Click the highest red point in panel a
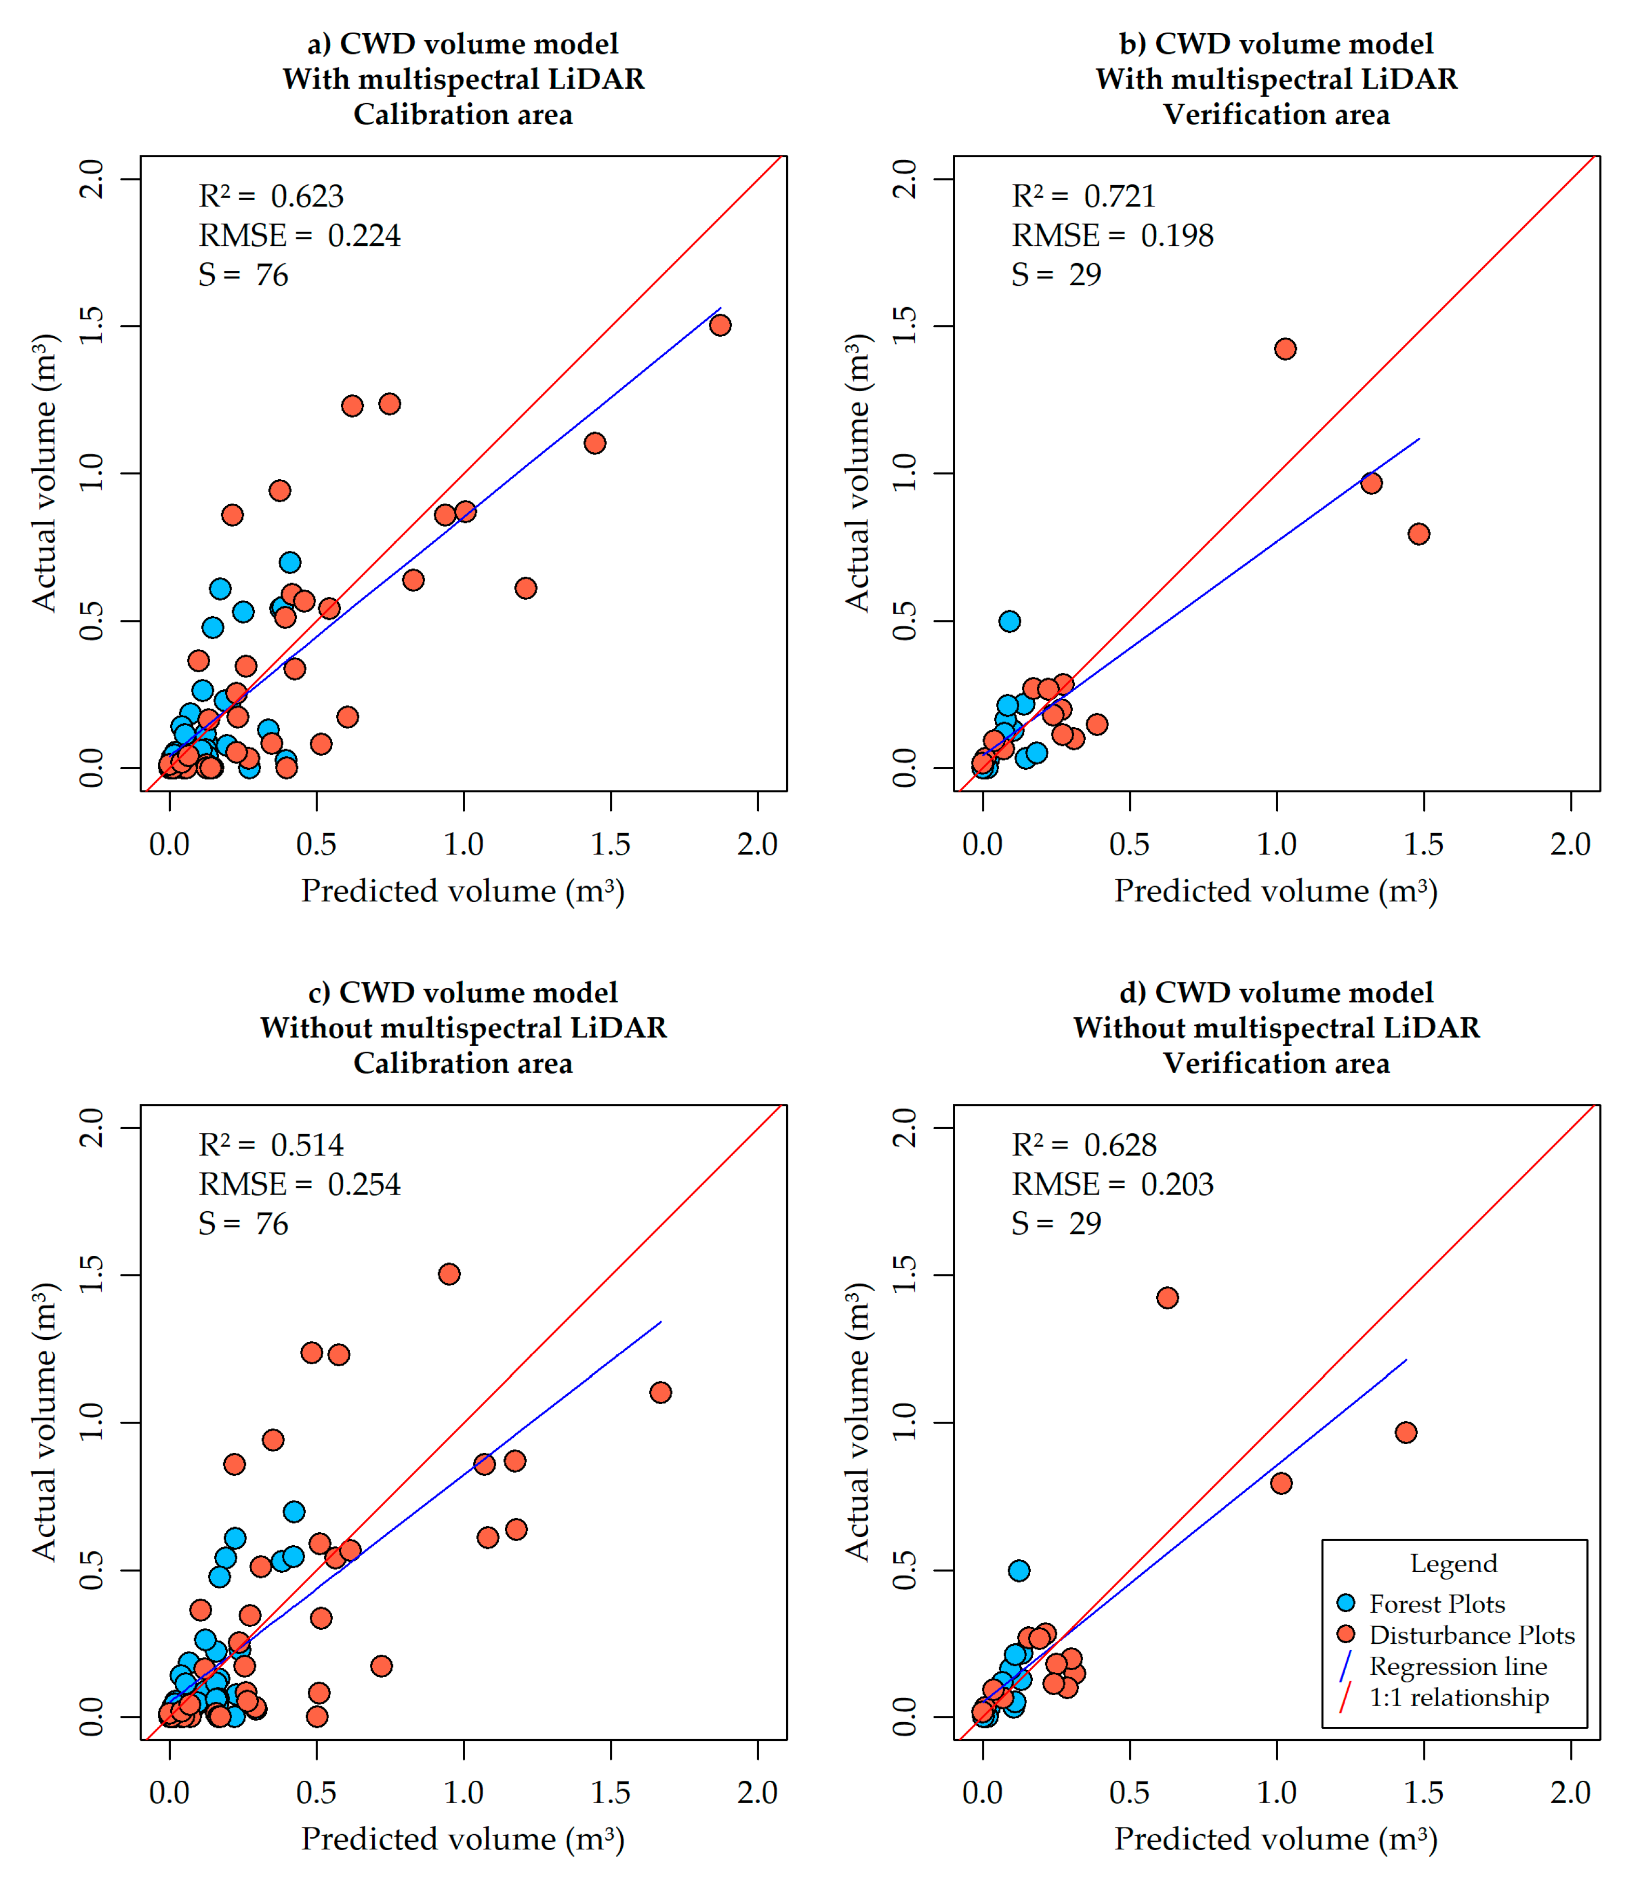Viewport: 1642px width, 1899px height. (x=721, y=325)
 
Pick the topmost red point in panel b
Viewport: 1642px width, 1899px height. (x=1285, y=349)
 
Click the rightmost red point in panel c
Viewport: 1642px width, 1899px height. (x=660, y=1392)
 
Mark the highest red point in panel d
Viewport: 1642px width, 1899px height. (x=1167, y=1298)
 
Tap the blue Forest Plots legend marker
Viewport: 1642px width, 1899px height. (x=1346, y=1603)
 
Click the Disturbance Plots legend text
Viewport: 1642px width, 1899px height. (x=1471, y=1635)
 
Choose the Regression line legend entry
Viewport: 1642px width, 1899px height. (x=1458, y=1666)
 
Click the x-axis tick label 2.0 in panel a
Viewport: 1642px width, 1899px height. (x=757, y=844)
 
